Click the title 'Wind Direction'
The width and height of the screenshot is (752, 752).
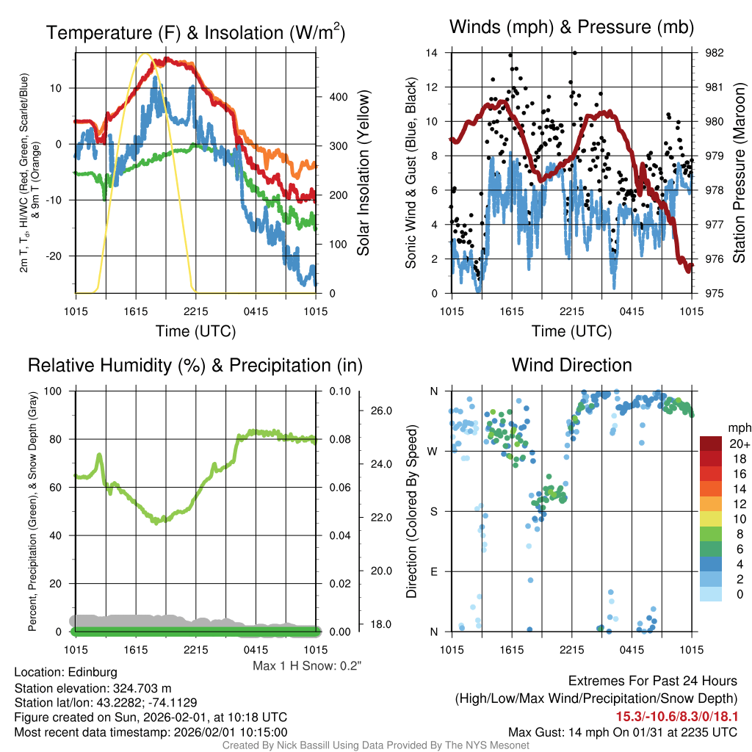[571, 365]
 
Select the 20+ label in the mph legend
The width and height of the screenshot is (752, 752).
[739, 444]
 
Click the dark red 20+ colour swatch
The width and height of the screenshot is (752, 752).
[711, 444]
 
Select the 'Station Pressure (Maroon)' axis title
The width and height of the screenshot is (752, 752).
[740, 173]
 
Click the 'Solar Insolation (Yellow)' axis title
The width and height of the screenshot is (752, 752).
[363, 173]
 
